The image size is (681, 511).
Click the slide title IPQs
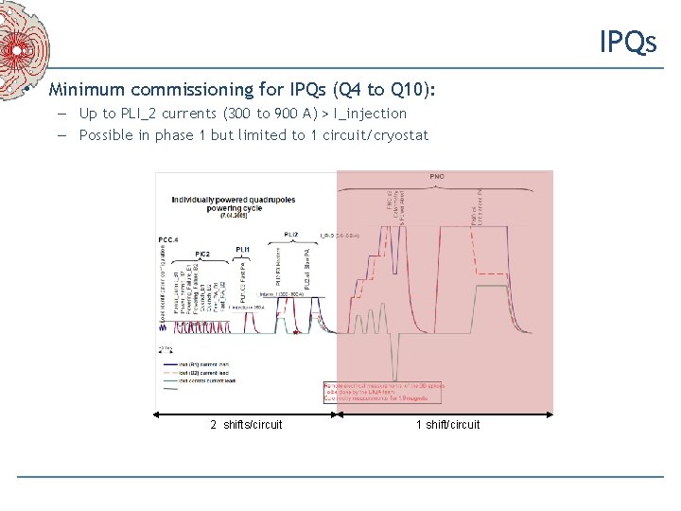[627, 42]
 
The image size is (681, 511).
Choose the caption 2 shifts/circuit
[246, 424]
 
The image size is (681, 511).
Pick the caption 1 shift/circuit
[447, 424]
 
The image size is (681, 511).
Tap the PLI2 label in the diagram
[290, 234]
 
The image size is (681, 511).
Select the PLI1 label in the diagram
[242, 249]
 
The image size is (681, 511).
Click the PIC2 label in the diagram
[201, 254]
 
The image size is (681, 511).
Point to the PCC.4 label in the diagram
[169, 240]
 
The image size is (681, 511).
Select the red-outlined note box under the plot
[378, 396]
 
